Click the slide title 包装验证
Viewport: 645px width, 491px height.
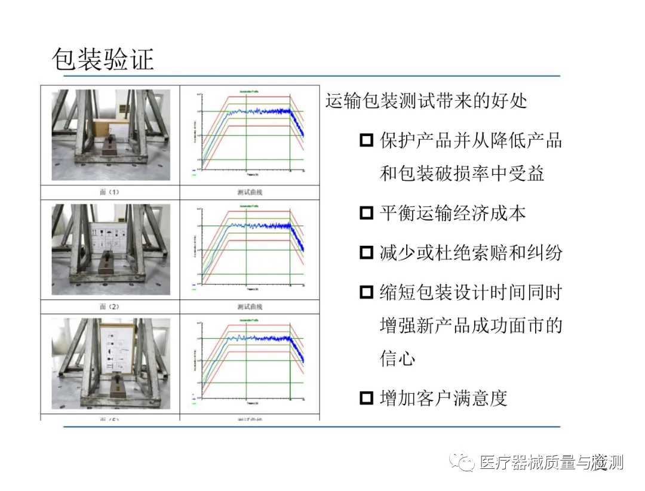(103, 60)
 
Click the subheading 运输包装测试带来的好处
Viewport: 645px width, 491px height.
(426, 100)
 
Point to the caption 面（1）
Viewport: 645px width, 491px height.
(110, 192)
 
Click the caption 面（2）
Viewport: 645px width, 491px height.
(110, 306)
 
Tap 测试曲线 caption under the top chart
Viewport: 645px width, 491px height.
(250, 192)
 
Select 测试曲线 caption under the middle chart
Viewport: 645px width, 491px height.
(250, 306)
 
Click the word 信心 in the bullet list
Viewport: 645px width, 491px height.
(398, 359)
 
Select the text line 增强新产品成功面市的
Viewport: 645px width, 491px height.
(471, 326)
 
